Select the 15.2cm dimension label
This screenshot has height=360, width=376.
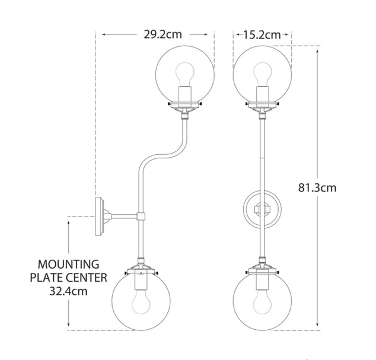tap(262, 34)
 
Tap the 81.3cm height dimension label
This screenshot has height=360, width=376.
tap(317, 187)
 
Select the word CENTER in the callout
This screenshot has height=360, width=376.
tap(86, 278)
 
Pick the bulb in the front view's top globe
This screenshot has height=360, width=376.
tap(262, 75)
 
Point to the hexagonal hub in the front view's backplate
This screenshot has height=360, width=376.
tap(262, 209)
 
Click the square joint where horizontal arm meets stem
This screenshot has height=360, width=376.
tap(141, 216)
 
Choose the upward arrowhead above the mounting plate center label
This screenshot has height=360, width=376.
tap(70, 219)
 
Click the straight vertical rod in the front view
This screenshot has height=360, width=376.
tap(262, 154)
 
